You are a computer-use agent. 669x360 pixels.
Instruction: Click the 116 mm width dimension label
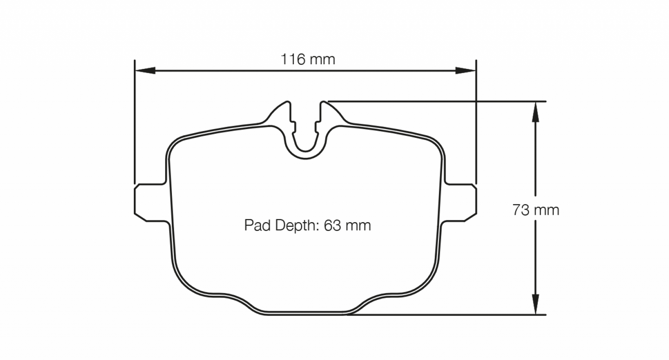click(307, 59)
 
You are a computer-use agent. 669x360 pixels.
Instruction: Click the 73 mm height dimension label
click(536, 210)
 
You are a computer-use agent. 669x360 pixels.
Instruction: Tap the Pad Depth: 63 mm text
click(307, 226)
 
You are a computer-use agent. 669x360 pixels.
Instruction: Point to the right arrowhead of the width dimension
click(466, 70)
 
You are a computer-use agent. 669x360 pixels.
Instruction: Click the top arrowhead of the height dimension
click(535, 111)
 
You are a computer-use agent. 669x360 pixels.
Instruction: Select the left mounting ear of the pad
click(149, 202)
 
